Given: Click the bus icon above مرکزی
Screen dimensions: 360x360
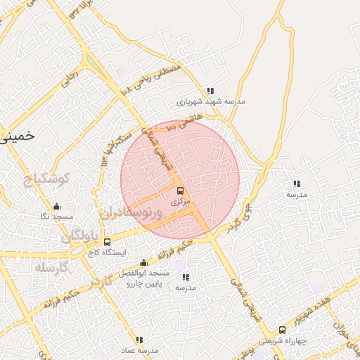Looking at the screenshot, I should click(180, 191).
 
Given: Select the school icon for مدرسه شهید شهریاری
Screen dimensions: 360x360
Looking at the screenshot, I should click(210, 91).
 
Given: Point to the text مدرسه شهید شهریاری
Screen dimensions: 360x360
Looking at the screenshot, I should click(211, 101).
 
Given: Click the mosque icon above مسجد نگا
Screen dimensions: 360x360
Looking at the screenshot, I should click(57, 207).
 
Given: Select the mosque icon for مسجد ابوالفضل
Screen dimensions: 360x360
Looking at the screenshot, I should click(143, 263).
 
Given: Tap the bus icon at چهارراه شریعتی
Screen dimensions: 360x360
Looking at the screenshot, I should click(282, 329).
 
